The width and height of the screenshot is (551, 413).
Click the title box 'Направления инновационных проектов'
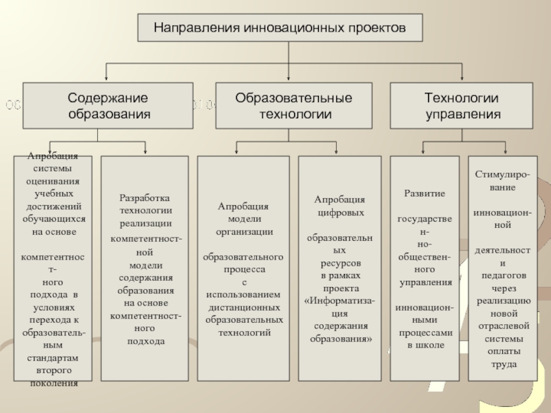pyautogui.click(x=280, y=29)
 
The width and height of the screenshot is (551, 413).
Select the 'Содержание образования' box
pyautogui.click(x=107, y=106)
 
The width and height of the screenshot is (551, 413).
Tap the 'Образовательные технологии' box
pyautogui.click(x=294, y=106)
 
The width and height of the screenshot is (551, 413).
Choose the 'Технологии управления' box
pyautogui.click(x=462, y=106)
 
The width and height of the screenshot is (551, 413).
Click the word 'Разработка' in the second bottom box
pyautogui.click(x=145, y=198)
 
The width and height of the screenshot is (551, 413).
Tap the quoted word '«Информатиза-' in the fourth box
pyautogui.click(x=340, y=301)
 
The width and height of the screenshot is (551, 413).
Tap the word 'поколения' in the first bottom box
pyautogui.click(x=54, y=383)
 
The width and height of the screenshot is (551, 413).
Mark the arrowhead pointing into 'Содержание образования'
pyautogui.click(x=106, y=79)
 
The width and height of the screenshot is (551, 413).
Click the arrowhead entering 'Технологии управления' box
pyautogui.click(x=461, y=79)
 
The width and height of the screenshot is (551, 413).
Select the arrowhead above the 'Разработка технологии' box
pyautogui.click(x=145, y=151)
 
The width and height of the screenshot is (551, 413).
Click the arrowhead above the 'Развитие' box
pyautogui.click(x=422, y=151)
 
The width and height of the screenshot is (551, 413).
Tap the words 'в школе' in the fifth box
pyautogui.click(x=426, y=345)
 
